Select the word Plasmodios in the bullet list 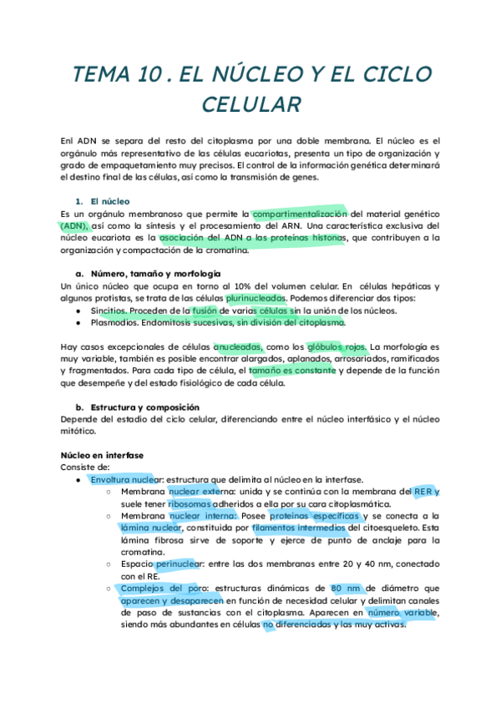click(x=116, y=322)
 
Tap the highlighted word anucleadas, click(x=238, y=346)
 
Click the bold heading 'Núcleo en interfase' click(x=103, y=455)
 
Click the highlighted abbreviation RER click(x=423, y=492)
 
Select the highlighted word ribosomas click(x=195, y=504)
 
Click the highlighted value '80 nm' click(x=347, y=589)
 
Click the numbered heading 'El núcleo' click(x=112, y=201)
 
